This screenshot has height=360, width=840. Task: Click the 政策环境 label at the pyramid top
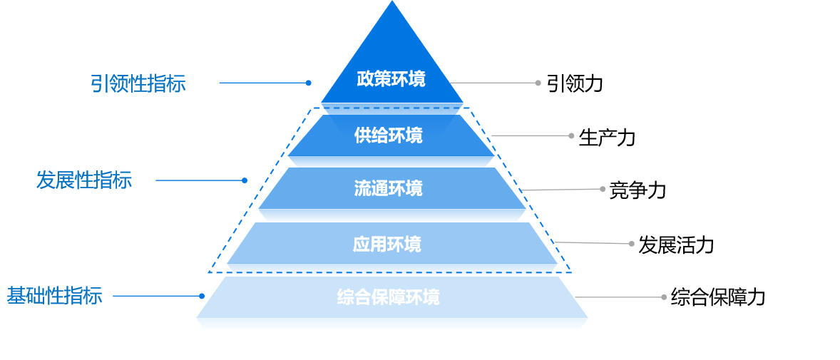click(x=391, y=78)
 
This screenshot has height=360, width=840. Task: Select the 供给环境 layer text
click(x=388, y=135)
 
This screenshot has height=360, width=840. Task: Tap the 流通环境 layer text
click(x=388, y=188)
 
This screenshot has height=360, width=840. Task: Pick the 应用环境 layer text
click(x=386, y=245)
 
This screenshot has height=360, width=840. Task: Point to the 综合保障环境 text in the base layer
click(x=388, y=297)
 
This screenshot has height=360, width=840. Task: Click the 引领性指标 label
click(x=138, y=83)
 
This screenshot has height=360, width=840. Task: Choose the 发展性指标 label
click(x=84, y=180)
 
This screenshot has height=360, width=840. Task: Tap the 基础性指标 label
click(x=54, y=296)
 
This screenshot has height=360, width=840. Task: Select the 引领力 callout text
click(x=575, y=83)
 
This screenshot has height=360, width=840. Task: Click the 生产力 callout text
click(x=606, y=137)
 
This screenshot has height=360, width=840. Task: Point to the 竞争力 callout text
click(x=637, y=190)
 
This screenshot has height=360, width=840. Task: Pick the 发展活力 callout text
click(x=675, y=245)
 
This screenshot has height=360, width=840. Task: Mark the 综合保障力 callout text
click(x=717, y=297)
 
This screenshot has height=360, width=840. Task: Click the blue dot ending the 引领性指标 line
click(x=308, y=83)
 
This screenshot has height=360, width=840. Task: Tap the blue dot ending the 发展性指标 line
click(x=245, y=180)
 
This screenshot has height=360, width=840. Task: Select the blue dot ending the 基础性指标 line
click(x=203, y=296)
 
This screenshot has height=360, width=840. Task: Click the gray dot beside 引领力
click(x=538, y=83)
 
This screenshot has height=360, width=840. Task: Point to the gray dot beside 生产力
click(x=570, y=135)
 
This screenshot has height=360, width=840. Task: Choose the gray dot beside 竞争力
click(x=602, y=189)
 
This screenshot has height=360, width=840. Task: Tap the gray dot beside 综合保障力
click(x=663, y=297)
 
